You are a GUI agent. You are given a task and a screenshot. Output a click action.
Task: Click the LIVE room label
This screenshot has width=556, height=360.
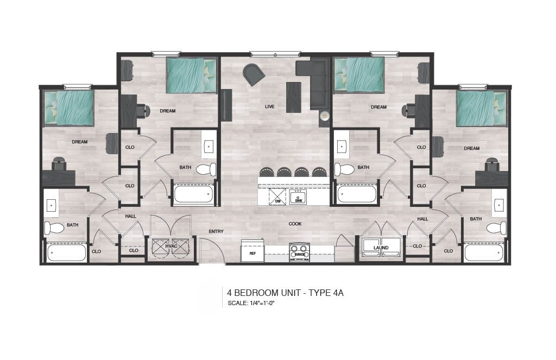point(269,106)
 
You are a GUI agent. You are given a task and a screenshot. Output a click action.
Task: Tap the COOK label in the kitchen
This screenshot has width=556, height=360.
point(295,224)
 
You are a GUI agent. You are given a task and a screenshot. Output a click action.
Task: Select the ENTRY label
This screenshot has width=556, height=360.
point(216,232)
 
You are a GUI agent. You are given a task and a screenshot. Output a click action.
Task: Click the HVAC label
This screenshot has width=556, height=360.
point(171,246)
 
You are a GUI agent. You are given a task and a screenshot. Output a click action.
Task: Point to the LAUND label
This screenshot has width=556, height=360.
point(381,248)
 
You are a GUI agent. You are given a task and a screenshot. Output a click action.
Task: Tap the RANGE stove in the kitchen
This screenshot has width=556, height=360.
point(300,252)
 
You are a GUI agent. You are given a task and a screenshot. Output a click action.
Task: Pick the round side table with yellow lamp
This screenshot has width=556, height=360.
point(324,116)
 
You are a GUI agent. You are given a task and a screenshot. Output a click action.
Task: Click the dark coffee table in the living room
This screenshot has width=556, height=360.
point(294,98)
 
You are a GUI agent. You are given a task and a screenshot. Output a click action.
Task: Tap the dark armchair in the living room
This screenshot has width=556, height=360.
point(254,74)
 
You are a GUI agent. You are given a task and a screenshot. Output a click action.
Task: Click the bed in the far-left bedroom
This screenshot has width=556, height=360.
point(69,108)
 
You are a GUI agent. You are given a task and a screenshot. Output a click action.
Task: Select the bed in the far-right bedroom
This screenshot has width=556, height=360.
point(481,109)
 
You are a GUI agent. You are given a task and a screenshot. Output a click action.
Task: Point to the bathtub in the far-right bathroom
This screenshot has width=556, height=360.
point(484,253)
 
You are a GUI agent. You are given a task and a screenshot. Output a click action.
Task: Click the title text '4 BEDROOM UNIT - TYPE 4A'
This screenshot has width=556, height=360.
point(285,293)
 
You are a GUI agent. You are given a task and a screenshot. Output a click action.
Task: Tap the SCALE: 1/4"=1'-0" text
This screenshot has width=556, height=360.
point(251,303)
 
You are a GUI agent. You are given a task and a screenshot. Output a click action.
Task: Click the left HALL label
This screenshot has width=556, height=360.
point(130,216)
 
